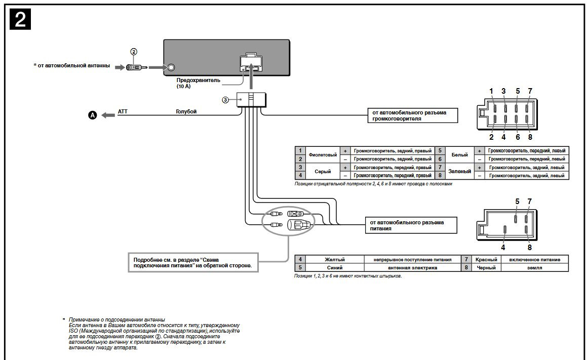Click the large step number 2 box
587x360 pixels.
coord(21,20)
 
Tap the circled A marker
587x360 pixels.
coord(92,115)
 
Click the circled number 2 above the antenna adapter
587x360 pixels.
coord(134,52)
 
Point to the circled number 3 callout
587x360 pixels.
coord(225,100)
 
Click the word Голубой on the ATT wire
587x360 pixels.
coord(186,111)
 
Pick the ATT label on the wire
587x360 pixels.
coord(123,111)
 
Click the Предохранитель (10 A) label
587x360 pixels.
coord(191,83)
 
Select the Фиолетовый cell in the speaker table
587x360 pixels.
coord(323,154)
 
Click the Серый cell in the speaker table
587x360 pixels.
coord(323,171)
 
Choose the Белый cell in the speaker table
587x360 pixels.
coord(459,154)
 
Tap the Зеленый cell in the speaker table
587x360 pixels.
coord(459,171)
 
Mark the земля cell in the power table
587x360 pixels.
coord(534,267)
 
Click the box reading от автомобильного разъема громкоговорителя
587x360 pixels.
coord(411,115)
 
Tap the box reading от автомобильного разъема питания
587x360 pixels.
coord(410,225)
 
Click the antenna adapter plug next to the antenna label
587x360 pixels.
coord(137,67)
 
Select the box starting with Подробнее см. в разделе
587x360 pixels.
coord(192,262)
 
